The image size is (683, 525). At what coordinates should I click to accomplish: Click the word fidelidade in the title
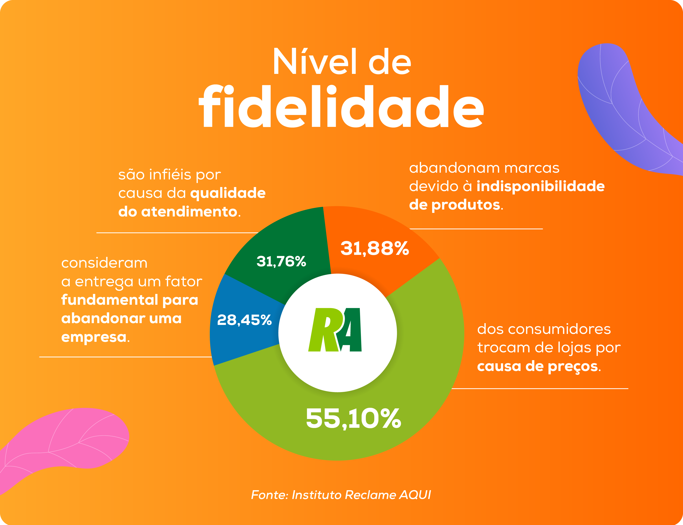point(341,107)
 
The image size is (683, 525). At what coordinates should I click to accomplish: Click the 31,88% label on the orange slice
point(374,248)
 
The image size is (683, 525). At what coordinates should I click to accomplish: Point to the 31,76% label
point(281,261)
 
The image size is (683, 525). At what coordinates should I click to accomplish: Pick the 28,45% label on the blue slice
point(244,320)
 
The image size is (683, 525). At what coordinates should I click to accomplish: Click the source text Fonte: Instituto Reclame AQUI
point(341,495)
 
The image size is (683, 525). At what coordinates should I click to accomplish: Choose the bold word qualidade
point(228,193)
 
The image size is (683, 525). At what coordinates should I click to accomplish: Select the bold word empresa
point(94,337)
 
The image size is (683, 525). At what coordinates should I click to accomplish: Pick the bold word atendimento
point(189,212)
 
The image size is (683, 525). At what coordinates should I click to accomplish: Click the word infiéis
point(170,174)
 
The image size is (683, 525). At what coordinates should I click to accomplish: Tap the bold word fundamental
point(110,300)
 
